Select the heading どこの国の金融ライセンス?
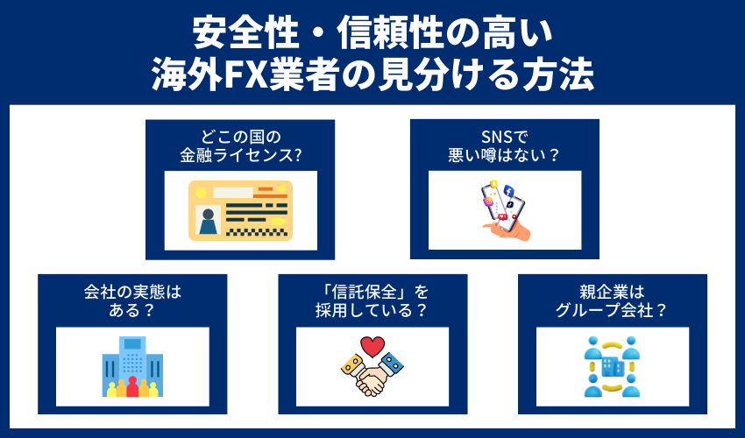(239, 146)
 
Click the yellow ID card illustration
(239, 211)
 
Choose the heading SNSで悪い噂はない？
(504, 146)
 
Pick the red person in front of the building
(132, 386)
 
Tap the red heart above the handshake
(372, 346)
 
